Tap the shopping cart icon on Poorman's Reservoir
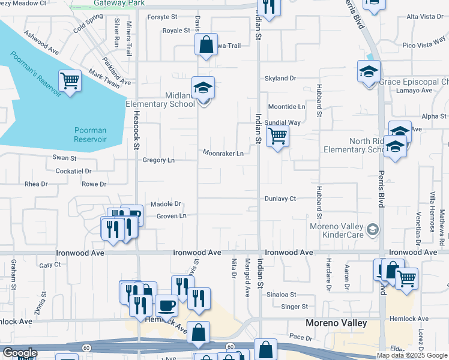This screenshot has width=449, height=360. tap(70, 81)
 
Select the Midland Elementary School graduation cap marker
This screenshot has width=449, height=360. tap(203, 88)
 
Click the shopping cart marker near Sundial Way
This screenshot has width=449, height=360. tap(277, 136)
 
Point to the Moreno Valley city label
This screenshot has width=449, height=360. tap(336, 323)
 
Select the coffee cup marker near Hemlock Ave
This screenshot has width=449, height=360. tap(166, 306)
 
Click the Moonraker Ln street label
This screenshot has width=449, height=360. tap(223, 154)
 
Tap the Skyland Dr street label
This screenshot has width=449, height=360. tap(281, 79)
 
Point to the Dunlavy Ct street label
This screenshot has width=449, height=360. tap(280, 199)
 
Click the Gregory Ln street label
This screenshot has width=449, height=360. tap(158, 160)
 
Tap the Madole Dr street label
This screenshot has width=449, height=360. tap(166, 204)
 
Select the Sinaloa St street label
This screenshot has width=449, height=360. tap(282, 295)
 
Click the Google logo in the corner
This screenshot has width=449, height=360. tap(20, 353)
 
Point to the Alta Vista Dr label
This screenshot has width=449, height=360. tap(425, 16)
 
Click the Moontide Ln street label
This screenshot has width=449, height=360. tap(286, 107)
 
